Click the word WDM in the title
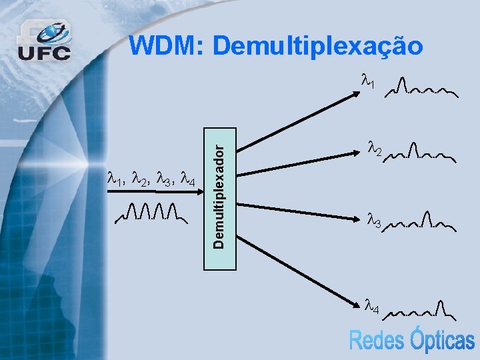click(165, 46)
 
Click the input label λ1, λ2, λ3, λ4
click(151, 179)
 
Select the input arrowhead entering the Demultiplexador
click(199, 191)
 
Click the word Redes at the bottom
click(378, 341)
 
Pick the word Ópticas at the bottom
click(442, 339)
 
